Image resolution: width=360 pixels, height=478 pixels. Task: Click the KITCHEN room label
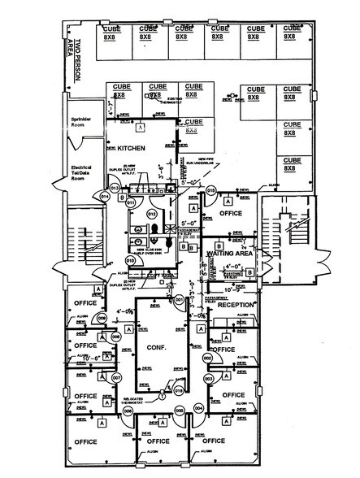pos(130,150)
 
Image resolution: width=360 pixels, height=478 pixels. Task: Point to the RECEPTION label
pos(236,306)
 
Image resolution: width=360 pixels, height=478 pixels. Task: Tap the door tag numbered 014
pos(104,195)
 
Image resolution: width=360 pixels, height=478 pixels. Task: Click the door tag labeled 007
pos(116,378)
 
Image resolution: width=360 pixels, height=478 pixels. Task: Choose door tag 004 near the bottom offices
pos(198,409)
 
